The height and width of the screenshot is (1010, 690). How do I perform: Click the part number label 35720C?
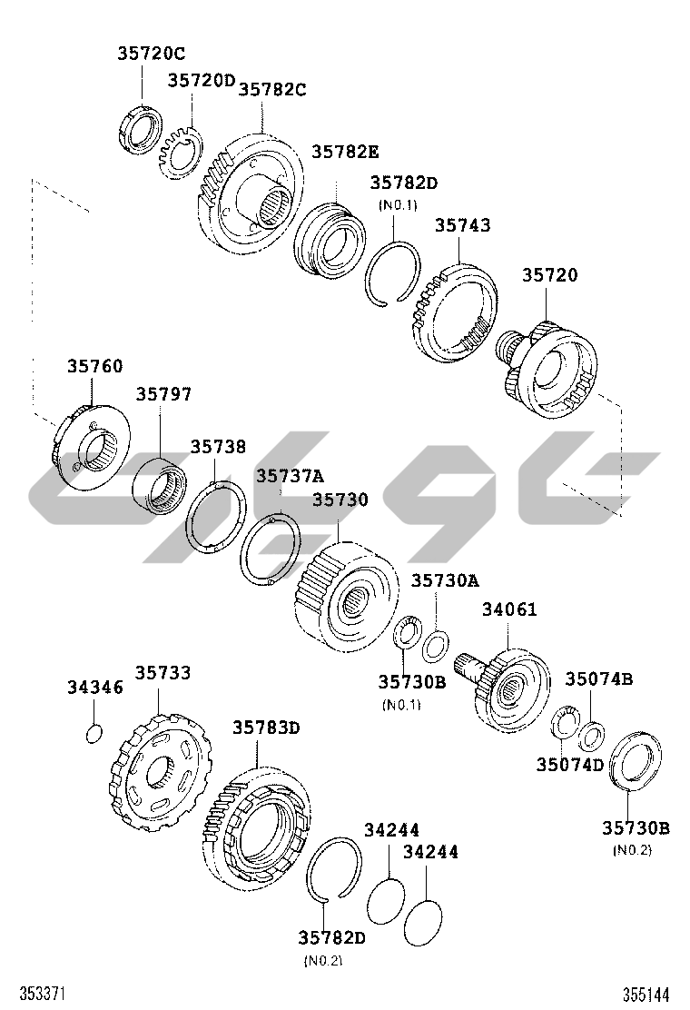click(x=152, y=54)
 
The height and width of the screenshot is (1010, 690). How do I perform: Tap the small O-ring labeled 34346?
click(x=94, y=733)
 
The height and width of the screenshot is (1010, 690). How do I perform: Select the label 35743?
click(x=462, y=225)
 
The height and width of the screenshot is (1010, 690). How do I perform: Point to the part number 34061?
click(x=509, y=609)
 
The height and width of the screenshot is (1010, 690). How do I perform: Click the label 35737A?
click(x=290, y=476)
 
